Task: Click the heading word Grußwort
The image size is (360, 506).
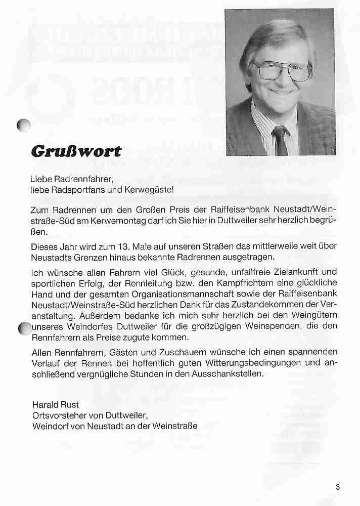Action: (x=77, y=150)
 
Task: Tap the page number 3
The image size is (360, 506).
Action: (x=337, y=487)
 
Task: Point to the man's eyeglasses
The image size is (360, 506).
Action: (x=283, y=71)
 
